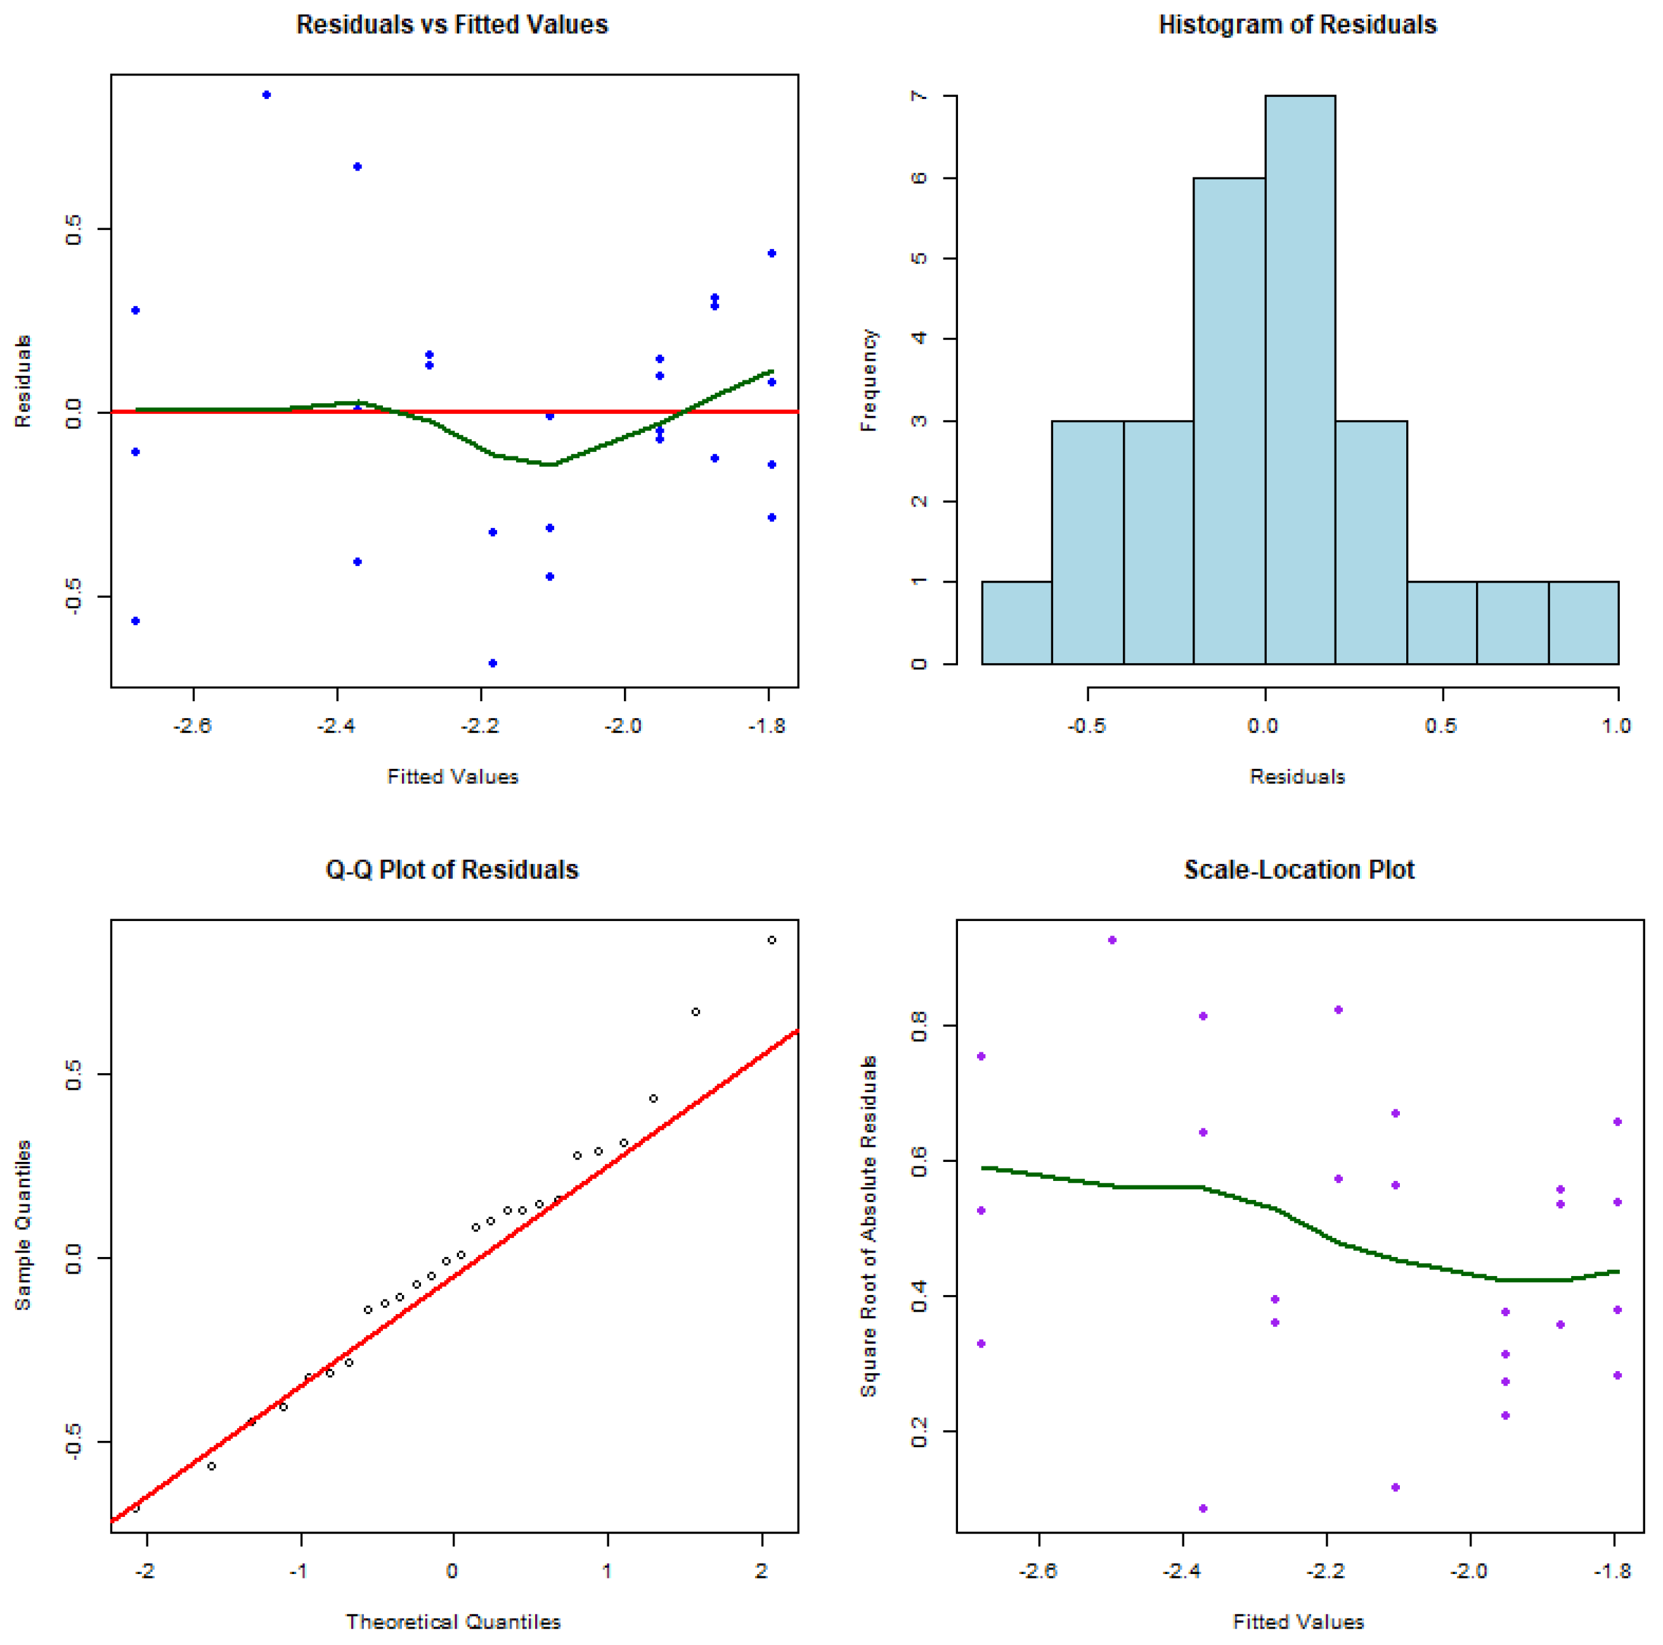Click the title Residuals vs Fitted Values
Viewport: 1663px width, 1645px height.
[452, 25]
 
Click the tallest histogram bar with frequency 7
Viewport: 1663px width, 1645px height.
[1300, 378]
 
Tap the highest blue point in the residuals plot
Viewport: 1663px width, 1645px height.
[267, 94]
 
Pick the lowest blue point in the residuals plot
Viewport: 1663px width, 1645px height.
[493, 663]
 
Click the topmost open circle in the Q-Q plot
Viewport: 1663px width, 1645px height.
[771, 940]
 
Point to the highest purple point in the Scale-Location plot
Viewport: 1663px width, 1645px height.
[1112, 940]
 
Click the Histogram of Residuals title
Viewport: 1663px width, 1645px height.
[1297, 25]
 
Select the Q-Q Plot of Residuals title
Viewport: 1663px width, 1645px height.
[452, 870]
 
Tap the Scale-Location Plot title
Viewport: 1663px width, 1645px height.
[1299, 870]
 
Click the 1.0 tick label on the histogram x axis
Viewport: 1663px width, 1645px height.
[1615, 726]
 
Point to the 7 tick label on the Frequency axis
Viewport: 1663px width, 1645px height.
[919, 96]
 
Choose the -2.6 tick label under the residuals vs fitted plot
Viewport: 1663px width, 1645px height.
[192, 726]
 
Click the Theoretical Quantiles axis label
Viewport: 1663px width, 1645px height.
[453, 1622]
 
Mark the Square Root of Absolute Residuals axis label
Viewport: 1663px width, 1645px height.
[869, 1226]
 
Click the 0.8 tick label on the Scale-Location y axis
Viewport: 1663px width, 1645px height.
[919, 1026]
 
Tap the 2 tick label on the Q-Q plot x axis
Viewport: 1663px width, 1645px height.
[761, 1571]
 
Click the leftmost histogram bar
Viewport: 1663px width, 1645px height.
[1016, 623]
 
